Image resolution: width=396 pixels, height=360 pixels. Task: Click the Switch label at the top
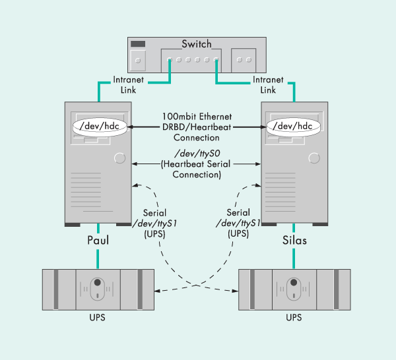click(x=197, y=44)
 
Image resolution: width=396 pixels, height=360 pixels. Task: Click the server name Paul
click(x=97, y=240)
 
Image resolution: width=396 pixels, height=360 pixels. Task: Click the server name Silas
click(x=294, y=240)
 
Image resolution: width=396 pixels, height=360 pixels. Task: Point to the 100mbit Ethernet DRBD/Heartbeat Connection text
click(x=196, y=126)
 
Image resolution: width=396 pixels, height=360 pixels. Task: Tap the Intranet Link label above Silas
click(x=268, y=84)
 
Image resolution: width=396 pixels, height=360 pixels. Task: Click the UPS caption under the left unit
click(x=96, y=318)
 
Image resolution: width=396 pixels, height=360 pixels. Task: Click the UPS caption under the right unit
click(x=294, y=318)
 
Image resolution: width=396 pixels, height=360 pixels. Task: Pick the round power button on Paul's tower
click(x=119, y=158)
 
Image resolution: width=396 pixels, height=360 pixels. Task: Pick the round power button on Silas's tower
click(x=316, y=158)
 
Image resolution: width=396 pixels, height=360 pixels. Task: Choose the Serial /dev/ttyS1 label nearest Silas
click(x=238, y=224)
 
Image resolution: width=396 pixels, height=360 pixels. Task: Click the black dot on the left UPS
click(x=97, y=284)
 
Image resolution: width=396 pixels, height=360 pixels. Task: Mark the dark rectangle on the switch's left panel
click(x=138, y=44)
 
